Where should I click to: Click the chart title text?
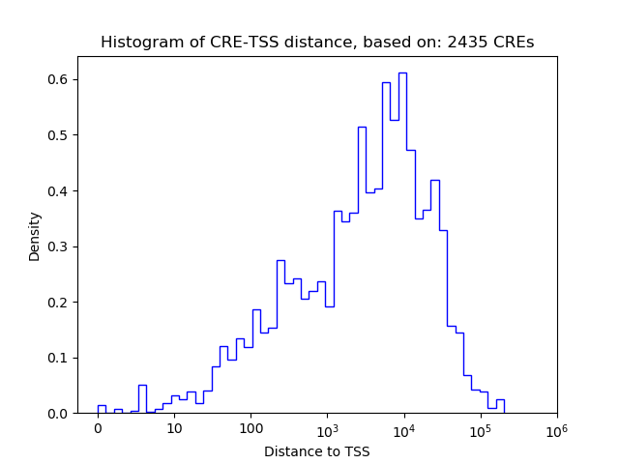click(x=317, y=43)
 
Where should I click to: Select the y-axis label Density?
click(x=35, y=236)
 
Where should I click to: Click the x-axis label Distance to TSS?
click(x=317, y=451)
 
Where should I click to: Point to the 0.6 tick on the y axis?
click(x=59, y=79)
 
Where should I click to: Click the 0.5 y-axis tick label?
click(x=59, y=135)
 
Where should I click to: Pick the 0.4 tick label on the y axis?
click(x=59, y=190)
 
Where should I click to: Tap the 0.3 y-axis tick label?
click(x=59, y=246)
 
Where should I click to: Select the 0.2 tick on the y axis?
click(x=59, y=303)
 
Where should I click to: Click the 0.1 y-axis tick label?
click(x=59, y=358)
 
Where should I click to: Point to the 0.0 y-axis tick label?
click(x=59, y=414)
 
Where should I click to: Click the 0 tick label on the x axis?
click(x=98, y=428)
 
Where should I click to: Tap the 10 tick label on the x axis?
click(x=174, y=428)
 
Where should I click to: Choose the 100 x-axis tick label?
click(x=251, y=428)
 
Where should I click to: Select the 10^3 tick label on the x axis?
click(x=327, y=427)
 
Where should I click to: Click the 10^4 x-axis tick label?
click(x=403, y=427)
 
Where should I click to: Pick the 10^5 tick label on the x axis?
click(x=480, y=427)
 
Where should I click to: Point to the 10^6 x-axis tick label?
click(x=556, y=427)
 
